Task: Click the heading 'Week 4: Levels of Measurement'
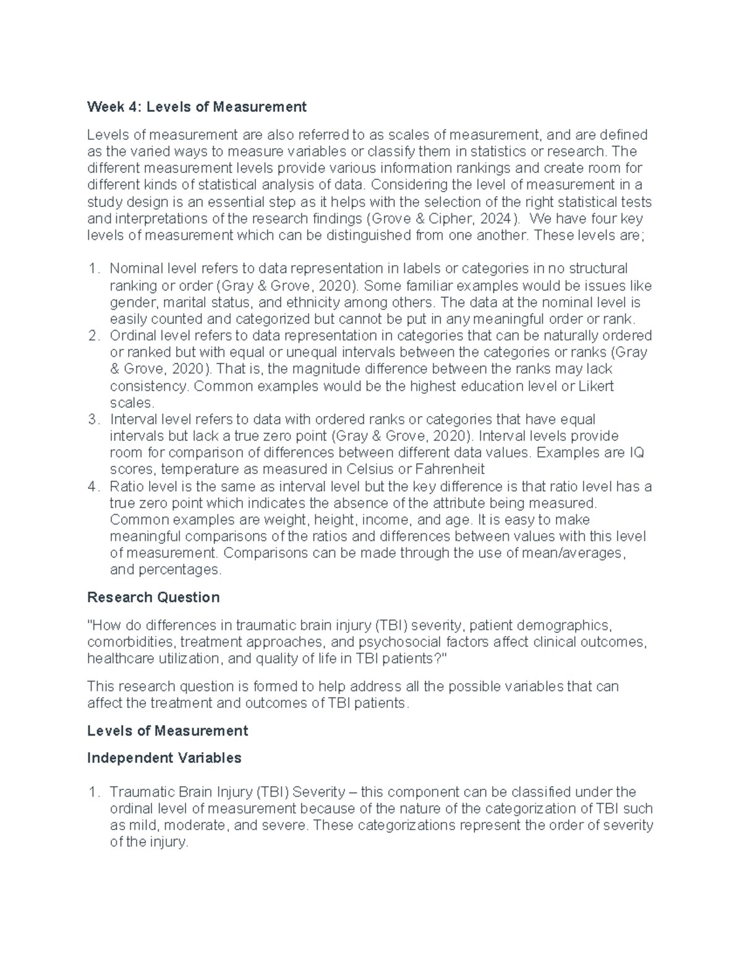coord(197,107)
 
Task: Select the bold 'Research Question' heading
coord(153,597)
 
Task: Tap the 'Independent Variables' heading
coord(164,757)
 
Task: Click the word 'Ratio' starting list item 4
coord(125,486)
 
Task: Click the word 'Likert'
coord(595,386)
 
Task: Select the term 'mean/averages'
coord(579,553)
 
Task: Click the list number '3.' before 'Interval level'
coord(93,420)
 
